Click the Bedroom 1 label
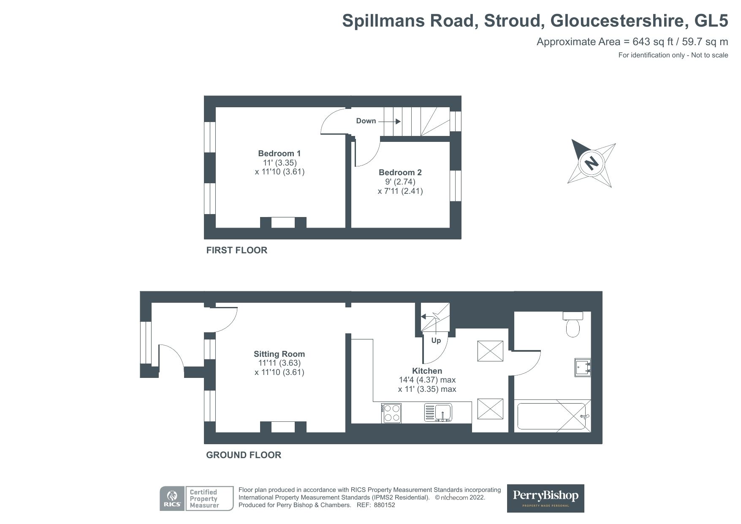click(x=279, y=153)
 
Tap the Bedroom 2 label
click(x=400, y=172)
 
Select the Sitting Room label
click(x=279, y=354)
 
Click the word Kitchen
click(x=427, y=371)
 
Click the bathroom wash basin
click(x=583, y=367)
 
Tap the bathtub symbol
click(x=551, y=416)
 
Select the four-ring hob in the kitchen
click(x=391, y=413)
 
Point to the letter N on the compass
click(x=592, y=163)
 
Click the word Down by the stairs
click(x=366, y=121)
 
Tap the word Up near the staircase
click(x=436, y=340)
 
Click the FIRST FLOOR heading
click(x=236, y=250)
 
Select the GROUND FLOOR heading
click(x=243, y=455)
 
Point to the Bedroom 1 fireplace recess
click(x=282, y=223)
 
